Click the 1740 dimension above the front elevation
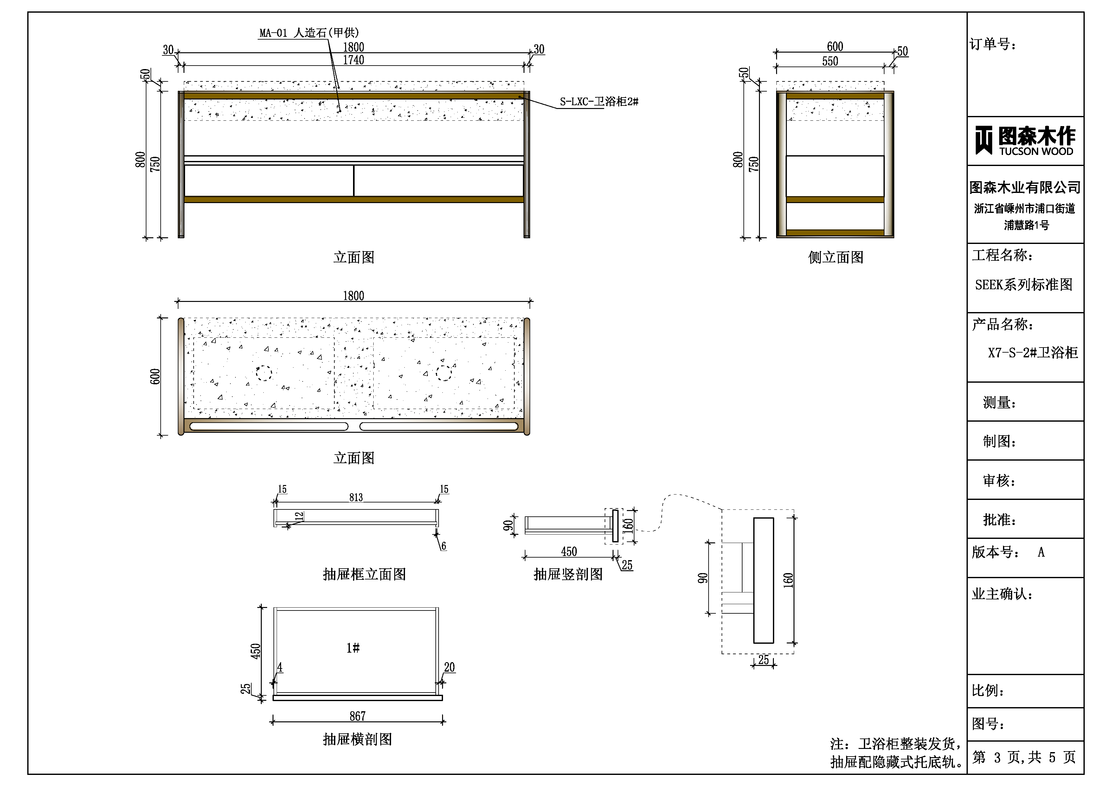(354, 60)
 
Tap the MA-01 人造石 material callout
(309, 33)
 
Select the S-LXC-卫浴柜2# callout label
(599, 102)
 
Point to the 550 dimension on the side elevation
(830, 61)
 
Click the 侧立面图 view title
(835, 257)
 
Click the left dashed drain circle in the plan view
(264, 373)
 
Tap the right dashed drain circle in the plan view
(444, 373)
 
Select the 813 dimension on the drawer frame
(356, 497)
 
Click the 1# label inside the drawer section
(353, 648)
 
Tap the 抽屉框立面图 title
(364, 574)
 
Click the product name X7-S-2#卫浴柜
(1032, 353)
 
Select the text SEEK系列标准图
(1023, 285)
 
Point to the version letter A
(1041, 553)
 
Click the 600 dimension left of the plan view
(155, 377)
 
